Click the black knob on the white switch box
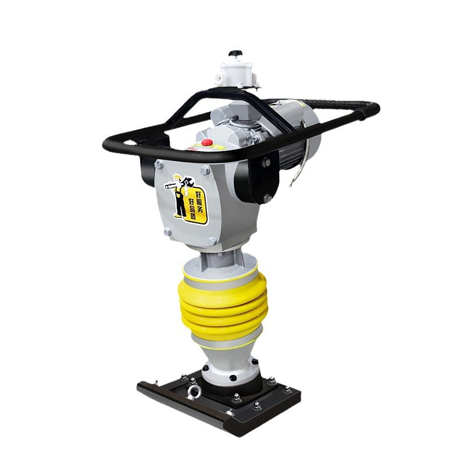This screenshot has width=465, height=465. click(x=235, y=53)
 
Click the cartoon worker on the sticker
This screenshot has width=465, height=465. click(x=178, y=196)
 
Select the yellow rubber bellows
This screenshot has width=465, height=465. click(x=223, y=306)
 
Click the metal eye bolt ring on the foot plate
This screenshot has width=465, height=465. click(x=194, y=392)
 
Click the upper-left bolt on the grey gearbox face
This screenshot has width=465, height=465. click(x=159, y=164)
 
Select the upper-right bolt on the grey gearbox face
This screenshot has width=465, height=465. click(x=205, y=170)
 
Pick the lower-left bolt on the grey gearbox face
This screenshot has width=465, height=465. click(x=167, y=231)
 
